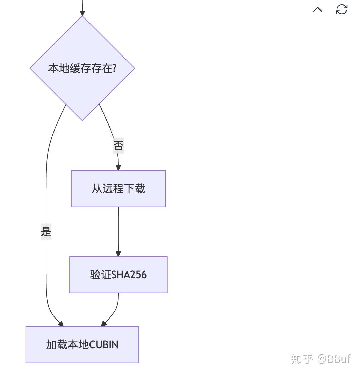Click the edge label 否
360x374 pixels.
click(118, 146)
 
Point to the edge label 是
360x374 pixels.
click(46, 232)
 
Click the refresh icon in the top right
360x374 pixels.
click(341, 9)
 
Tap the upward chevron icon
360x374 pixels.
click(318, 9)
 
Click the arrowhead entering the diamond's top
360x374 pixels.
click(82, 13)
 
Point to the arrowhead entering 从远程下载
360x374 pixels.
click(118, 167)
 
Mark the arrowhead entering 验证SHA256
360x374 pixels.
click(118, 253)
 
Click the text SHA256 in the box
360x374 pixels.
click(129, 275)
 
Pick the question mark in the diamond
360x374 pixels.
click(114, 68)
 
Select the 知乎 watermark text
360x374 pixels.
click(302, 359)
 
